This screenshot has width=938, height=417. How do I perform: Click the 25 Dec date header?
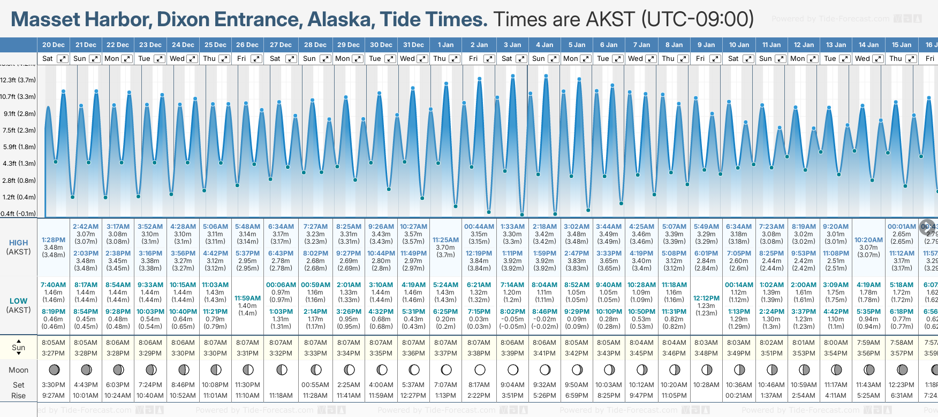216,45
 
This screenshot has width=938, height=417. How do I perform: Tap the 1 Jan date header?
445,45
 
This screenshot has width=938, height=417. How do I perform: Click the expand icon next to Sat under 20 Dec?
63,59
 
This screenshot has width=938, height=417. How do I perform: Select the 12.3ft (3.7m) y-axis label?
18,80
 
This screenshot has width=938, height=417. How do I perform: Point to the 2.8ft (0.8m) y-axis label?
19,181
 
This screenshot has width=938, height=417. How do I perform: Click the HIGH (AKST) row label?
18,247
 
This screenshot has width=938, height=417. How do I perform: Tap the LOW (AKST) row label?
18,305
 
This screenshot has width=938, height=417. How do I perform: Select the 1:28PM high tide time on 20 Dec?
54,240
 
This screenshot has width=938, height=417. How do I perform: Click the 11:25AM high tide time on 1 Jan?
445,240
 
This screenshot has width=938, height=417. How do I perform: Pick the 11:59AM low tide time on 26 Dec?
247,298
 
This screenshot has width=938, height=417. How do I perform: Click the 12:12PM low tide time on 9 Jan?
706,298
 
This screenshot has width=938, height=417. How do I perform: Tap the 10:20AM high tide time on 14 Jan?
868,240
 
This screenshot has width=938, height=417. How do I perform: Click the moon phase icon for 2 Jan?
480,369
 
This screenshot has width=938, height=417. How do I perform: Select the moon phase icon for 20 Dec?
54,369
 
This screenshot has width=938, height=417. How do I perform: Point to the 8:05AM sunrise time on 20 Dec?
54,343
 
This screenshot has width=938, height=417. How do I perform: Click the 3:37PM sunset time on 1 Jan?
445,353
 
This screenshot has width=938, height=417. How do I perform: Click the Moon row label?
18,370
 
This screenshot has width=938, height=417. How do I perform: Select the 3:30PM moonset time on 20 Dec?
54,385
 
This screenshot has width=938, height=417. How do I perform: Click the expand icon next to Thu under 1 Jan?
455,59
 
